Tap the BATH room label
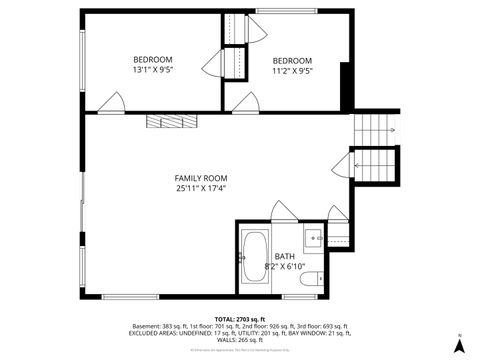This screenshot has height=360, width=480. pyautogui.click(x=285, y=255)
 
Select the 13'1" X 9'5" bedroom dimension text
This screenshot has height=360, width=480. pyautogui.click(x=153, y=71)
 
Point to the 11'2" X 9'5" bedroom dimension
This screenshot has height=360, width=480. pyautogui.click(x=292, y=71)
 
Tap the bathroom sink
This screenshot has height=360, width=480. pyautogui.click(x=312, y=238)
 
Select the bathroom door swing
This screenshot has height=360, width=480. pyautogui.click(x=283, y=212)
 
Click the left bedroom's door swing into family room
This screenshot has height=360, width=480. pyautogui.click(x=112, y=103)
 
